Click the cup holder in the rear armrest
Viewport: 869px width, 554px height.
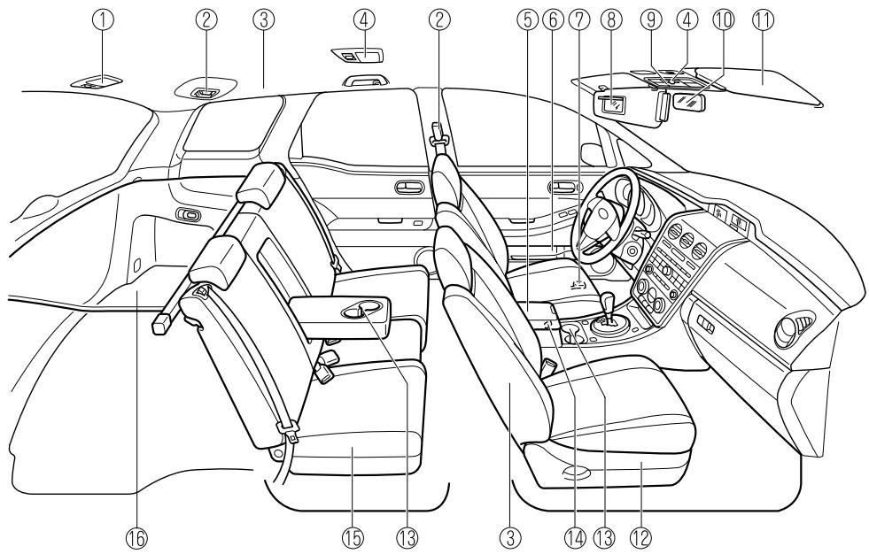[x=362, y=310]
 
